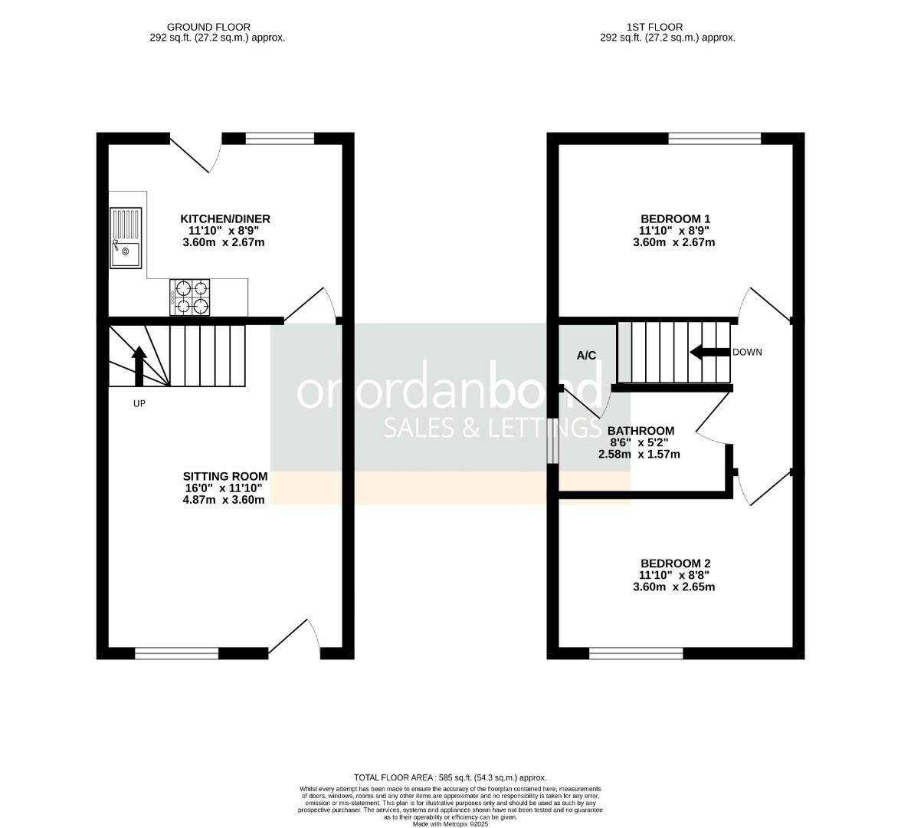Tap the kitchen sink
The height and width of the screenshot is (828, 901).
click(126, 238)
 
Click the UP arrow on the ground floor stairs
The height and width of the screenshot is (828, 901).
click(139, 366)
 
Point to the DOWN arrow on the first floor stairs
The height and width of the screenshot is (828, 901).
click(709, 353)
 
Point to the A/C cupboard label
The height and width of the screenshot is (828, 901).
click(586, 356)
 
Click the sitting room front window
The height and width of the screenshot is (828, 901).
click(176, 654)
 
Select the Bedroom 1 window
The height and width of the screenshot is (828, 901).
click(714, 139)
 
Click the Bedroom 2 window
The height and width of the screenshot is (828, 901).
click(636, 654)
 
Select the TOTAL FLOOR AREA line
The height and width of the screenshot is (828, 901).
click(450, 777)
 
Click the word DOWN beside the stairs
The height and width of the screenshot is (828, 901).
click(748, 353)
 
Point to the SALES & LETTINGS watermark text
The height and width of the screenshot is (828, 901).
click(491, 428)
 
